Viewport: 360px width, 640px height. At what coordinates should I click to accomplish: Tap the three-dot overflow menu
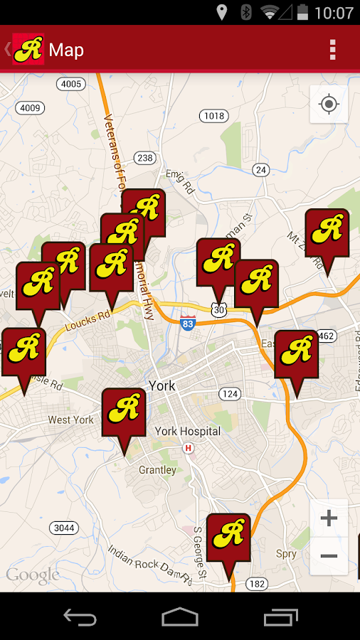click(x=332, y=50)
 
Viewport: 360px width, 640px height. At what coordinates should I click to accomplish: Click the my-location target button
click(x=329, y=105)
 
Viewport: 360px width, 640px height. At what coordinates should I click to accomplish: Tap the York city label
click(x=162, y=386)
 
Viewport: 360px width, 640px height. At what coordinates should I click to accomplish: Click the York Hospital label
click(x=188, y=431)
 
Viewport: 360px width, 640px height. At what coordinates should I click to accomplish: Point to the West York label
click(x=70, y=420)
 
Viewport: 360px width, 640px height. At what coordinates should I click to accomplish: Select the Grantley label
click(x=157, y=470)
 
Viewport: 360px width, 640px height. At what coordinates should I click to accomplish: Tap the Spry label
click(x=286, y=554)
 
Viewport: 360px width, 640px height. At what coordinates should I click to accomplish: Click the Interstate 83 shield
click(x=188, y=322)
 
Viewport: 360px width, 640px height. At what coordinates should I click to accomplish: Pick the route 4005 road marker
click(x=71, y=84)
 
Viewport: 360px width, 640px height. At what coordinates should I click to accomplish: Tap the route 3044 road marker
click(x=64, y=528)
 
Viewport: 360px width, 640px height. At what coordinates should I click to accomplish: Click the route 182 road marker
click(x=257, y=583)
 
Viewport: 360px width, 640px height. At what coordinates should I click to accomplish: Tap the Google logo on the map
click(x=32, y=575)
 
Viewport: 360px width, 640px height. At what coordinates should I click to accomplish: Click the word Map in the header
click(x=66, y=50)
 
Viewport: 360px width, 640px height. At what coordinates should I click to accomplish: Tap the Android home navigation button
click(x=179, y=617)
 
